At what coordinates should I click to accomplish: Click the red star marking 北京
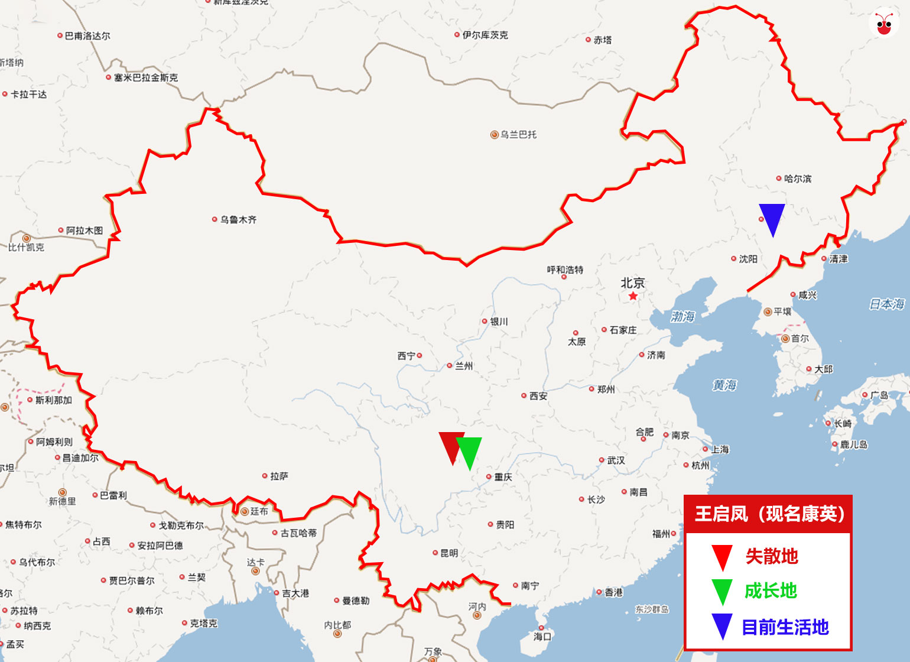pos(633,296)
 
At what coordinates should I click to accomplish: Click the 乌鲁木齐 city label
pos(238,220)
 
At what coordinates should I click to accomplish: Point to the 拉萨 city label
pos(279,476)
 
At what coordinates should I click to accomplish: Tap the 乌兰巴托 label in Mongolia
pos(518,135)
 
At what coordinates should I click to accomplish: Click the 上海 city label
pos(720,449)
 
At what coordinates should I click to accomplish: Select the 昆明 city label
pos(448,553)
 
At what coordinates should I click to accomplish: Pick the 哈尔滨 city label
pos(798,179)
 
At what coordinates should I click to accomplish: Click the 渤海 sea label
pos(682,317)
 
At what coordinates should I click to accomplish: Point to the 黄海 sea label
pos(724,385)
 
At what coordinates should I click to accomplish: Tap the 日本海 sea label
pos(887,304)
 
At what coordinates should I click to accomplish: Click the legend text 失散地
pos(772,556)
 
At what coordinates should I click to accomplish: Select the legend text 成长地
pos(771,590)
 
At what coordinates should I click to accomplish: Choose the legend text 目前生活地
pos(785,627)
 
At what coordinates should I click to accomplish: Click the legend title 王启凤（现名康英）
pos(769,514)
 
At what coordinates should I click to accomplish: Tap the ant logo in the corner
pos(884,24)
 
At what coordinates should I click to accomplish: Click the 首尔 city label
pos(800,339)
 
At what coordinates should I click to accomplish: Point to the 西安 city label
pos(538,396)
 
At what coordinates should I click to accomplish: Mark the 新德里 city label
pos(62,501)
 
